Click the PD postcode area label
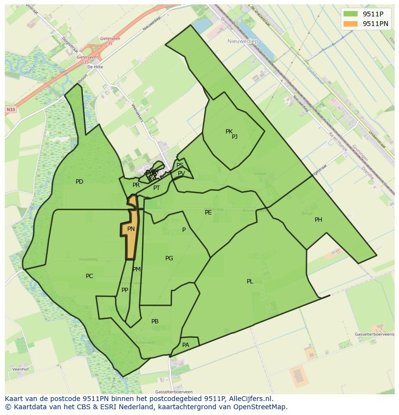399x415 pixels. (80, 182)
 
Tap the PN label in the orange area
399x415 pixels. (131, 229)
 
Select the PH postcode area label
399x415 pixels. (319, 220)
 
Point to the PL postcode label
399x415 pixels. (250, 281)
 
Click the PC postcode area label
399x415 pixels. (89, 276)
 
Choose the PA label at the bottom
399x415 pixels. (186, 345)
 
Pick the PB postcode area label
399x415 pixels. (155, 321)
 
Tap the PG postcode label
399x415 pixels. (169, 258)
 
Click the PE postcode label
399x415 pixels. (208, 212)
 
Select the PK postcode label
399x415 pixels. (229, 131)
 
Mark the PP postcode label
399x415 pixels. (125, 290)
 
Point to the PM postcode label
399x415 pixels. (136, 269)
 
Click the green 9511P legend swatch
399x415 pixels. (350, 13)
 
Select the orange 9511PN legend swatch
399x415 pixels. (350, 24)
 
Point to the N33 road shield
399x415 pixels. (11, 110)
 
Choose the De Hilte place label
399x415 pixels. (95, 67)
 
